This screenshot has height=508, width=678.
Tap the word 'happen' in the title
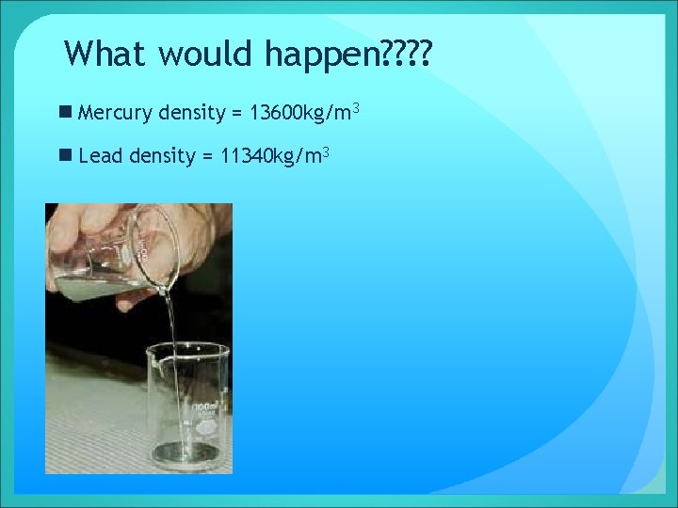coord(319,56)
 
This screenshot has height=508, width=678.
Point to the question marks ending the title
coord(404,54)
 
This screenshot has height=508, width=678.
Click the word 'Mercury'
coord(116,114)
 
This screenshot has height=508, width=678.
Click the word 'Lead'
coord(101,156)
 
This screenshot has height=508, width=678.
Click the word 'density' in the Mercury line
coord(192,114)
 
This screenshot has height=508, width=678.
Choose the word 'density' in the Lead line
coord(162,156)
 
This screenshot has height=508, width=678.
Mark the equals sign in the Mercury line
coord(236,115)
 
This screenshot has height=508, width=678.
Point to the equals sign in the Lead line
coord(206,157)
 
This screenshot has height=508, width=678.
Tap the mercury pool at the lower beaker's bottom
coord(184,452)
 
